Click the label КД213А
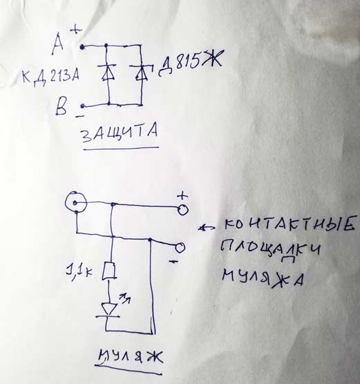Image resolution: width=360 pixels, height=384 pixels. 50,78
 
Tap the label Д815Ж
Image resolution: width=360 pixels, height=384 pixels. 191,63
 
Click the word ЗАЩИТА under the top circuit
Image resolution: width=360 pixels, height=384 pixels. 120,133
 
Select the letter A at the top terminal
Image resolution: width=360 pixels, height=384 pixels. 58,44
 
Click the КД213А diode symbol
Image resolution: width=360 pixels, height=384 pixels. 108,73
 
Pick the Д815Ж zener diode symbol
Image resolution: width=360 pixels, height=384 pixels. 141,73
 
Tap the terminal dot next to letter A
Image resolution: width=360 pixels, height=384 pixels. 82,47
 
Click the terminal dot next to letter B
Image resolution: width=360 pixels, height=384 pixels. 83,106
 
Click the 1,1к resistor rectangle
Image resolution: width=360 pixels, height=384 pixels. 109,271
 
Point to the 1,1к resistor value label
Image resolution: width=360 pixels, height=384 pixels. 79,271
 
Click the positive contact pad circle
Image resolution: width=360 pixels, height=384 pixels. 183,210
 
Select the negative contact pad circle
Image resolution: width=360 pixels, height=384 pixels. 180,248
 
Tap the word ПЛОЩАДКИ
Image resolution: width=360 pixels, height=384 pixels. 270,251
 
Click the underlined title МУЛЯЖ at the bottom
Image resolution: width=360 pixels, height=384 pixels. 131,358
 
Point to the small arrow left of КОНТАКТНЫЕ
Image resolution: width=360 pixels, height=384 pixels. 207,228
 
